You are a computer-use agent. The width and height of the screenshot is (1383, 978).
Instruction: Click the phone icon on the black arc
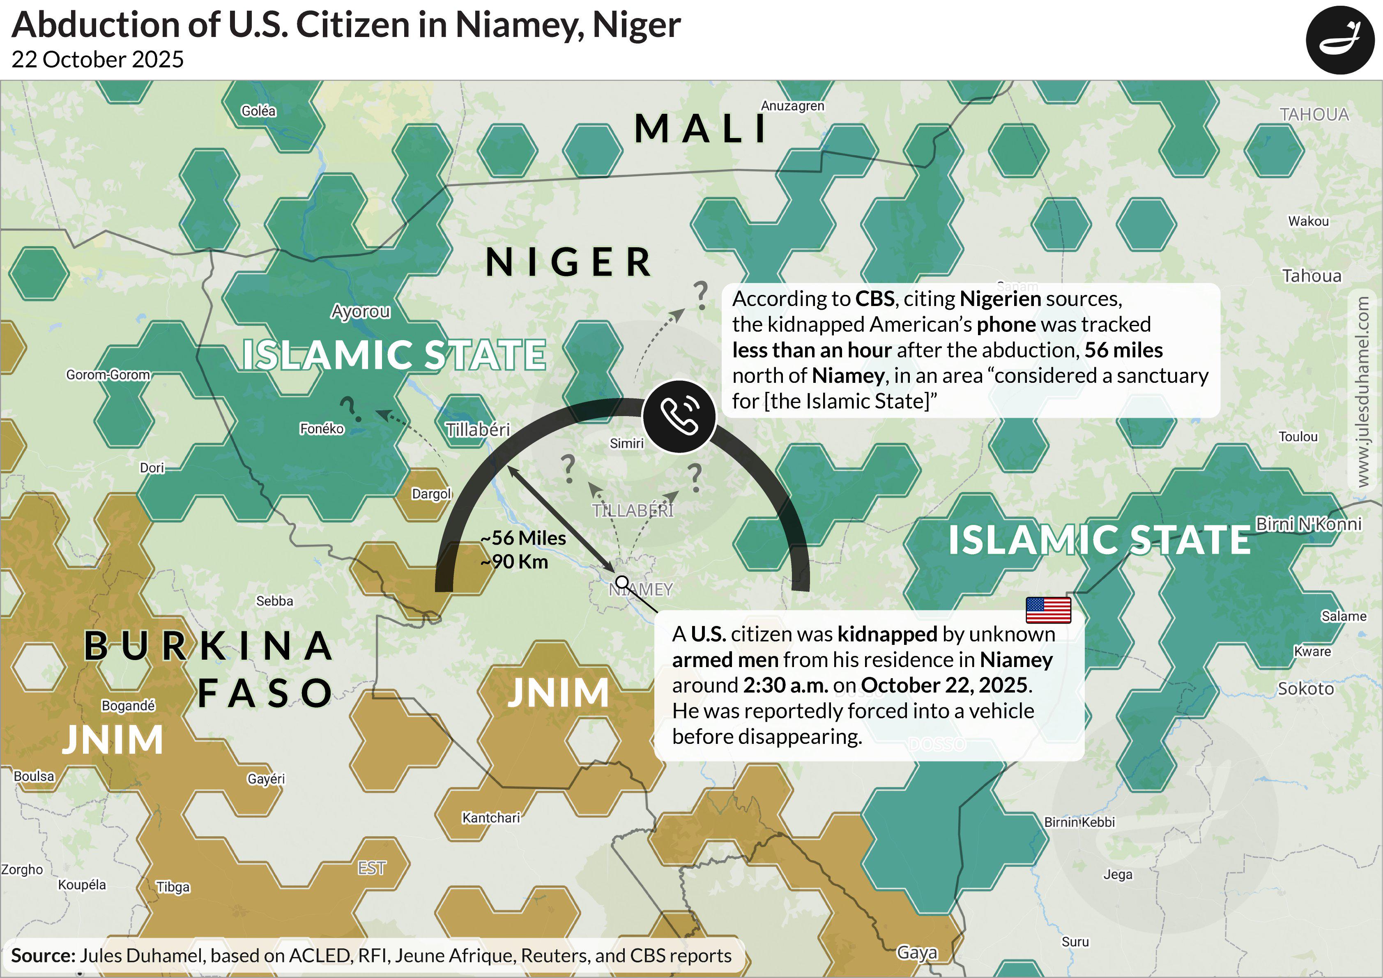pyautogui.click(x=679, y=416)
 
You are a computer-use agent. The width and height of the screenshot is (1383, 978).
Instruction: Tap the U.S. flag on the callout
pyautogui.click(x=1048, y=610)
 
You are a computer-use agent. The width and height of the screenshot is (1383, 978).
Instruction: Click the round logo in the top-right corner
pyautogui.click(x=1339, y=40)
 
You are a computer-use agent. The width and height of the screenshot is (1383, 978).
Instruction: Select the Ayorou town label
pyautogui.click(x=360, y=311)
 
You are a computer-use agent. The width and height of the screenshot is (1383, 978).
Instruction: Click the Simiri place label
pyautogui.click(x=626, y=443)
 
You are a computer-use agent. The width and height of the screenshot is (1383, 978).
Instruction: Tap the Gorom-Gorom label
pyautogui.click(x=108, y=375)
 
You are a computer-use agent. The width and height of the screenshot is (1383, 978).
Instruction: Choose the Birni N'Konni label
pyautogui.click(x=1308, y=524)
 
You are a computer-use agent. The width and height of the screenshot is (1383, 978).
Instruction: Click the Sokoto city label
pyautogui.click(x=1305, y=688)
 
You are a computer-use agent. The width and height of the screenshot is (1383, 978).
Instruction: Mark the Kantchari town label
pyautogui.click(x=490, y=817)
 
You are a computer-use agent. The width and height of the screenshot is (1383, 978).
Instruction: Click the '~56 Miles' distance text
pyautogui.click(x=523, y=538)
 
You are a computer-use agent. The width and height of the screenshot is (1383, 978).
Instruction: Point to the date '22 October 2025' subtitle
pyautogui.click(x=98, y=59)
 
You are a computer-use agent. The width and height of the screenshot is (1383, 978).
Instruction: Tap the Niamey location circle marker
pyautogui.click(x=622, y=582)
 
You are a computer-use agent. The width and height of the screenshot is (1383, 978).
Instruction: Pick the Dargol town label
pyautogui.click(x=431, y=494)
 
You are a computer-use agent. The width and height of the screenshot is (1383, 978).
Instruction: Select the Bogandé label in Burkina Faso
pyautogui.click(x=128, y=705)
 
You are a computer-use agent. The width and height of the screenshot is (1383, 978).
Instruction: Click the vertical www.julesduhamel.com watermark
pyautogui.click(x=1363, y=391)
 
